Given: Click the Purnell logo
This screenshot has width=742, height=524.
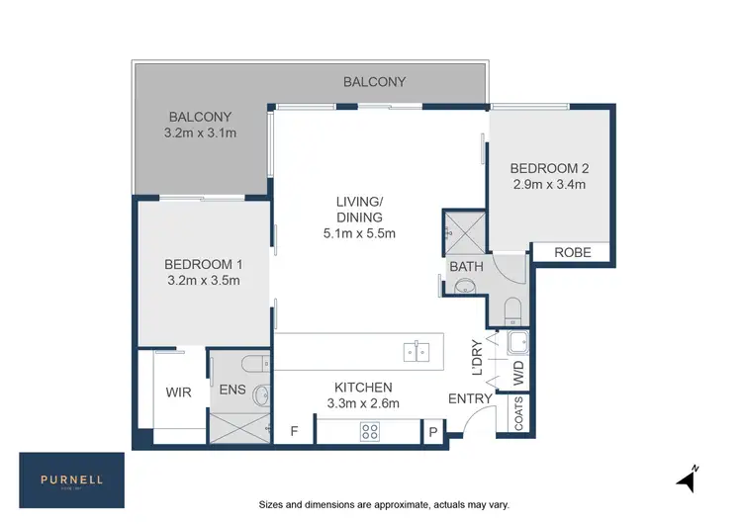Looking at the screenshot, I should pyautogui.click(x=72, y=480).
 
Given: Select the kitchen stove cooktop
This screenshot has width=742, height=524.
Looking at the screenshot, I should pyautogui.click(x=370, y=430).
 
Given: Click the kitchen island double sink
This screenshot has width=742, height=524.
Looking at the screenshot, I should pyautogui.click(x=417, y=351).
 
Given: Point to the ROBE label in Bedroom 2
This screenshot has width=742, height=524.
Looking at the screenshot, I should pyautogui.click(x=572, y=253).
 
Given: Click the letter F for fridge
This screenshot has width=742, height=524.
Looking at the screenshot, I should pyautogui.click(x=294, y=431).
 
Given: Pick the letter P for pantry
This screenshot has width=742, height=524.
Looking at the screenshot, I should pyautogui.click(x=432, y=431).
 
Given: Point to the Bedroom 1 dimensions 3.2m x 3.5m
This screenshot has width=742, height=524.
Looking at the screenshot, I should pyautogui.click(x=202, y=281).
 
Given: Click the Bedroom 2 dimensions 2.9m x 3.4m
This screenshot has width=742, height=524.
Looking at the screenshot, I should pyautogui.click(x=548, y=184).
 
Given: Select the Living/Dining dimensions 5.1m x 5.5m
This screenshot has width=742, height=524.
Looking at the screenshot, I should pyautogui.click(x=358, y=233).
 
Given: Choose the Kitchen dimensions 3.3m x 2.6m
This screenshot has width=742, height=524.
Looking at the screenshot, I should pyautogui.click(x=363, y=403).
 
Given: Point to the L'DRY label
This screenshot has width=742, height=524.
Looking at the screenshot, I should pyautogui.click(x=477, y=359).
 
